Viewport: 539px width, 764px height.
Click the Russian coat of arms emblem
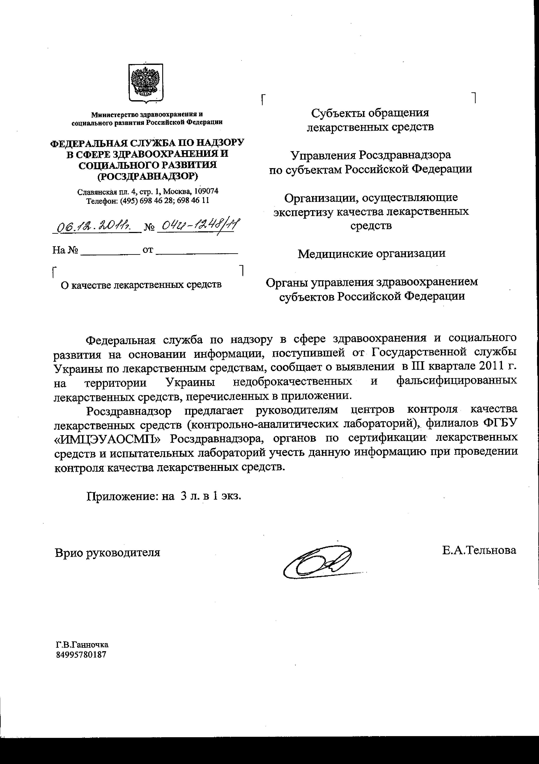(146, 83)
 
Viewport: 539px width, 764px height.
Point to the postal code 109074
(206, 191)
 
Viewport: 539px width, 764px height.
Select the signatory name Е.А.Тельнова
(479, 550)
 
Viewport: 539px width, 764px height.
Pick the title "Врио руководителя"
(107, 552)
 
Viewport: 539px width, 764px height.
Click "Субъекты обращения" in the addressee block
(370, 113)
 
